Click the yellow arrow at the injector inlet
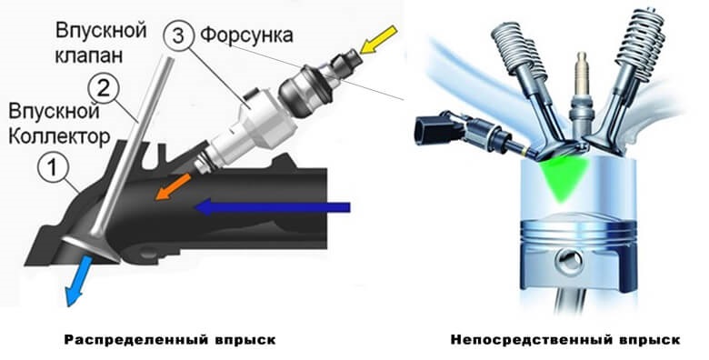[x=379, y=40]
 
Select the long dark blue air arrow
[x=272, y=207]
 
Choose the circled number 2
[x=103, y=89]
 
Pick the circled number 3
[x=179, y=35]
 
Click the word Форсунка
[x=247, y=35]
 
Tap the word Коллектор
[x=59, y=136]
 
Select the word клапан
[x=89, y=55]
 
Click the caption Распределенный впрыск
[x=170, y=340]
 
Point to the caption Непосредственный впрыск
[x=565, y=340]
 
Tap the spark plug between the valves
[x=580, y=97]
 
